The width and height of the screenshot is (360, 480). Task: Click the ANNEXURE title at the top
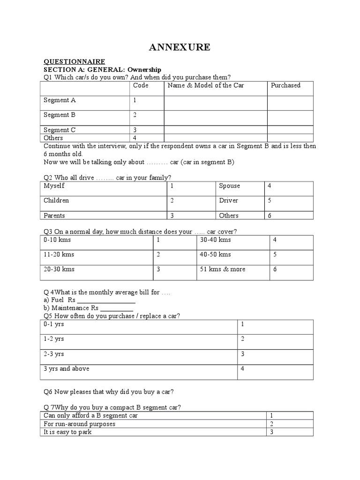tap(180, 47)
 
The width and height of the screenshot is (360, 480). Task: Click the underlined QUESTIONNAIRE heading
tap(74, 61)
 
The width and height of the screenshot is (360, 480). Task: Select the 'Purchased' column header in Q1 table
tap(285, 85)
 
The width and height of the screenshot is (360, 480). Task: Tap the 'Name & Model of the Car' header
tap(205, 85)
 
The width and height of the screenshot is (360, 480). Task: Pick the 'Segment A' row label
tap(60, 100)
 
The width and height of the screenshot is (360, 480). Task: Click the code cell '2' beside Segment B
tap(135, 115)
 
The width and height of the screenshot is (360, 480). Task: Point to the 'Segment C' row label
tap(60, 130)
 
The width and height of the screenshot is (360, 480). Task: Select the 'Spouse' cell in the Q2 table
tap(229, 186)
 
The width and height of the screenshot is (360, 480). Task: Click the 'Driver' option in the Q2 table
tap(228, 201)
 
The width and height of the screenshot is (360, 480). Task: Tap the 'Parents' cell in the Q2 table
tap(54, 216)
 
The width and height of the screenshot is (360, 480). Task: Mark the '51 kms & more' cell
tap(223, 269)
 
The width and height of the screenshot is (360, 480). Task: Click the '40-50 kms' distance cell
tap(215, 255)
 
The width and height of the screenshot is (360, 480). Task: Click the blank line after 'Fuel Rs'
tap(106, 301)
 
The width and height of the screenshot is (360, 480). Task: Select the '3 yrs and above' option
tap(66, 369)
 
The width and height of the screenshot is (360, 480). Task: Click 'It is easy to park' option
tap(67, 432)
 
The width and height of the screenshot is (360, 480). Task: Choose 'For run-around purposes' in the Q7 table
tap(79, 424)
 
